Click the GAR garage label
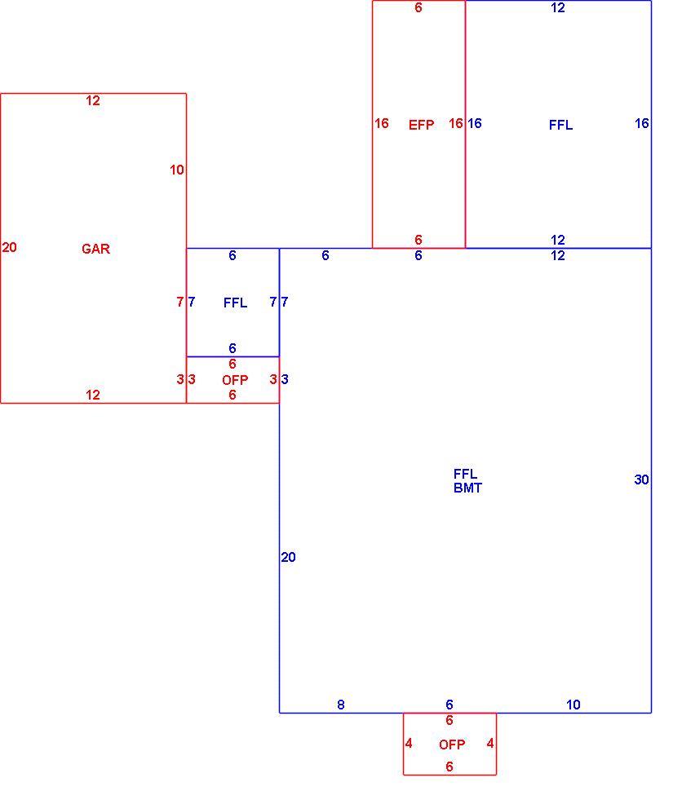click(x=96, y=249)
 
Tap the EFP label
click(x=422, y=125)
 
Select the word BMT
click(x=468, y=488)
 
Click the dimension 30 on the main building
click(x=641, y=479)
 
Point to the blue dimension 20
click(x=288, y=557)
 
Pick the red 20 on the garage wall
click(x=9, y=247)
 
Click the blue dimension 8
click(x=341, y=705)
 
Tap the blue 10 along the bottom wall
click(x=573, y=705)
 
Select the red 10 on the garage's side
click(x=177, y=170)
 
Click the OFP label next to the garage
click(x=235, y=380)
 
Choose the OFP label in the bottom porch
click(x=452, y=745)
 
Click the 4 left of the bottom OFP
click(x=409, y=743)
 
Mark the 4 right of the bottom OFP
click(x=490, y=743)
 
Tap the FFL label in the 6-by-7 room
click(x=235, y=303)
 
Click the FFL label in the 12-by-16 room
click(x=560, y=125)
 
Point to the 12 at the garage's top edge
click(x=93, y=100)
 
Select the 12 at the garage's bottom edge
click(x=93, y=395)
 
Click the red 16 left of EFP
click(x=382, y=123)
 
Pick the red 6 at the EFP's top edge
click(x=418, y=7)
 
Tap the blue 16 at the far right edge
click(x=641, y=123)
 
